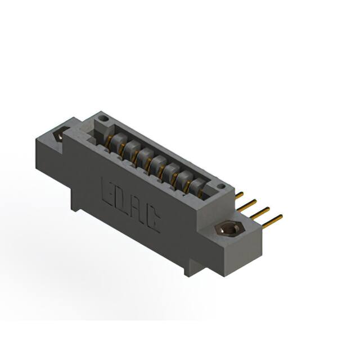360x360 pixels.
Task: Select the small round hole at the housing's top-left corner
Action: tap(102, 119)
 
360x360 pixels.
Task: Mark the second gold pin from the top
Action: tap(249, 202)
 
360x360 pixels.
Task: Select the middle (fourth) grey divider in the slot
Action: tap(158, 164)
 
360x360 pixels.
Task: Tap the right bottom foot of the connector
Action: tap(191, 269)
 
